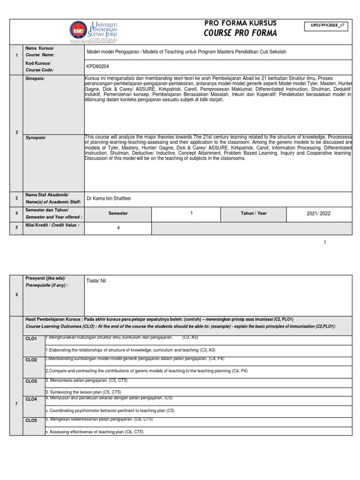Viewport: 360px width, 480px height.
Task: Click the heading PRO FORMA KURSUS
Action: [240, 23]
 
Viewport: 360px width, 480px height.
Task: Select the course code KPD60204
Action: [96, 67]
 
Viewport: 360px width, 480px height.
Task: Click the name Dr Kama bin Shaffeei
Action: [109, 198]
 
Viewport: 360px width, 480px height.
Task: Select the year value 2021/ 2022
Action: [318, 213]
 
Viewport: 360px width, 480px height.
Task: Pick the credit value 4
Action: [119, 228]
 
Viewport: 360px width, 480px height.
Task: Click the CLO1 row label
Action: [31, 338]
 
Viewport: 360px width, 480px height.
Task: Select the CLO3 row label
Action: [31, 381]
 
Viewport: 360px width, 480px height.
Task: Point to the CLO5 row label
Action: [31, 420]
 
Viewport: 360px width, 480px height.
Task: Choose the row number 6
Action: [16, 295]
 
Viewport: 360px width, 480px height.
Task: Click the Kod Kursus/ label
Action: [38, 63]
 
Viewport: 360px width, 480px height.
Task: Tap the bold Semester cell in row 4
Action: [118, 213]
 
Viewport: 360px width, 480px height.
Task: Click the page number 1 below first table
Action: [325, 242]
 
